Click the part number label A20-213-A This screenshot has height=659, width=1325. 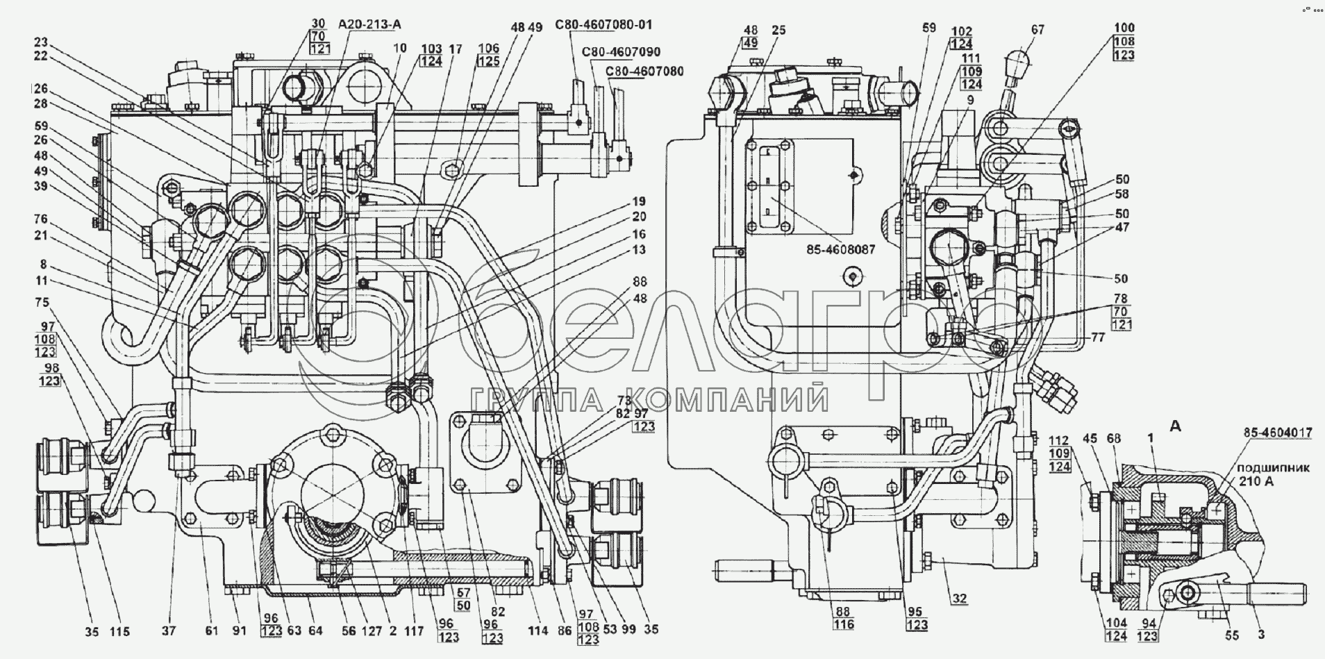click(370, 24)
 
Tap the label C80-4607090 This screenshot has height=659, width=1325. click(621, 52)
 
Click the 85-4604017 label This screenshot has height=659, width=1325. click(1278, 432)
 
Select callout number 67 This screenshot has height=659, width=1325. click(1037, 31)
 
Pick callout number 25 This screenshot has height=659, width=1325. click(778, 50)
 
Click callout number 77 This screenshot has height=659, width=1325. click(1097, 339)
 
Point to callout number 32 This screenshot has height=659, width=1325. click(960, 598)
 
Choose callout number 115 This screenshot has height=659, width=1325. click(119, 631)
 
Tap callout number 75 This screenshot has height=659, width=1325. click(43, 302)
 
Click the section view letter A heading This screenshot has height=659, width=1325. click(1175, 427)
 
